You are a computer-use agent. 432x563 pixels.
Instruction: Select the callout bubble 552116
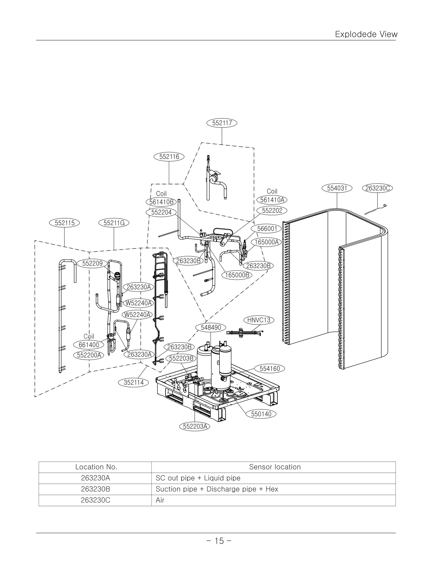tap(169, 156)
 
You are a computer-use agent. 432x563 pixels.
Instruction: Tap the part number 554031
tap(337, 188)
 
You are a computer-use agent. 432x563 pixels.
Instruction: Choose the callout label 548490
tap(211, 328)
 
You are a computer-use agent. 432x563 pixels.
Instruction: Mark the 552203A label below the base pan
tap(195, 427)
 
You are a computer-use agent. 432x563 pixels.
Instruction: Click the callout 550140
tap(261, 414)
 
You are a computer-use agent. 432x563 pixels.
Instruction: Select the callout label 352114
tap(134, 382)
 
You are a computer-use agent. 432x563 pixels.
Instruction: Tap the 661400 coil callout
tap(89, 344)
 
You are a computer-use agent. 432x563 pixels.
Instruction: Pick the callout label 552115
tap(64, 223)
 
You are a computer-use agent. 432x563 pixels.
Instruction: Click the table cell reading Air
tap(160, 500)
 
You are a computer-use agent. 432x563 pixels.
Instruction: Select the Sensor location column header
tap(275, 467)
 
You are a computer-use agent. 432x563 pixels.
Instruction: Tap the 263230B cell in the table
tap(96, 489)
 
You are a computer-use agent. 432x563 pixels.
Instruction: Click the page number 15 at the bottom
tap(219, 541)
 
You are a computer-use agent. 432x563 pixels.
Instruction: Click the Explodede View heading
tap(366, 34)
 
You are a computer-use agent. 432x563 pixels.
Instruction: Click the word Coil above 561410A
tap(272, 191)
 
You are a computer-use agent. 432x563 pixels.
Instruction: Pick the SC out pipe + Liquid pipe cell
tap(198, 478)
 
